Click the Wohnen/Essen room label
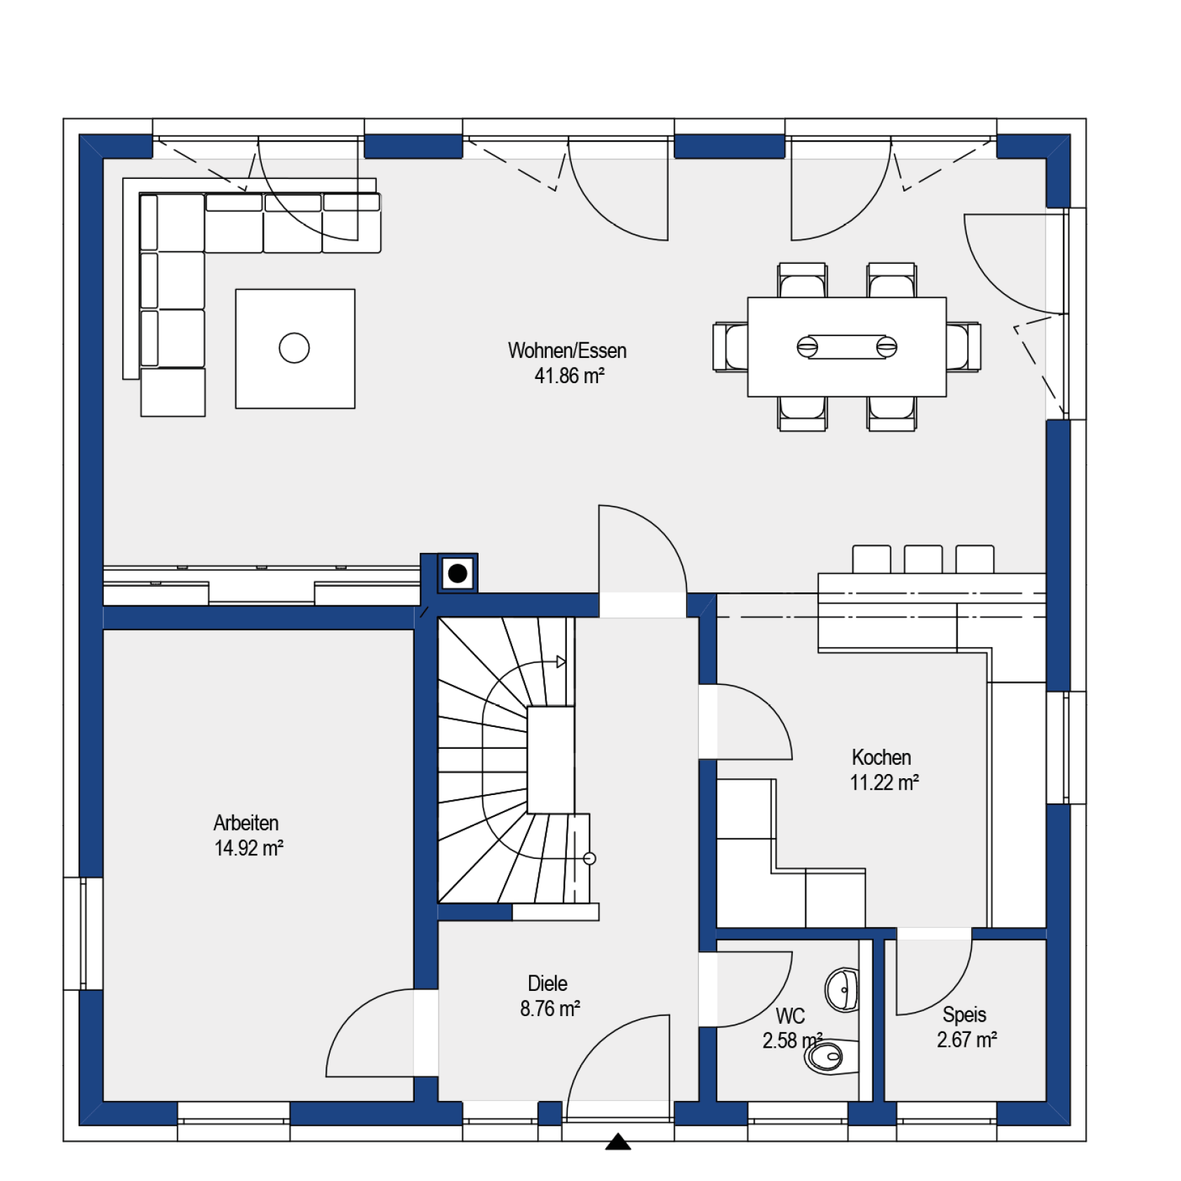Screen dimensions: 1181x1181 [567, 350]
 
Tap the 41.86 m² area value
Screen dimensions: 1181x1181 [569, 375]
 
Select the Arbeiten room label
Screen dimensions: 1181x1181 [246, 822]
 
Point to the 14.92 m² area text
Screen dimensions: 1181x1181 [248, 848]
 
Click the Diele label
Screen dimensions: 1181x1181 [547, 983]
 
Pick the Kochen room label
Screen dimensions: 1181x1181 [881, 757]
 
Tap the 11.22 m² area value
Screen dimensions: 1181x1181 [884, 782]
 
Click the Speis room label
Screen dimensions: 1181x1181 [964, 1014]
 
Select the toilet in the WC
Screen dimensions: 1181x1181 [832, 1056]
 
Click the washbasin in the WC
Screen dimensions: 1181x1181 [842, 990]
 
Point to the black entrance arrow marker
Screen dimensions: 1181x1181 [618, 1142]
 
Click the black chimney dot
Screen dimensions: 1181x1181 [458, 573]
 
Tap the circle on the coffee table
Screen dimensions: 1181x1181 [294, 348]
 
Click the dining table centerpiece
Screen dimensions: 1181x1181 [847, 347]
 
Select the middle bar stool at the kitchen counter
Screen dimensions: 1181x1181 [923, 559]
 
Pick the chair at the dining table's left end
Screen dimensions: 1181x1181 [730, 347]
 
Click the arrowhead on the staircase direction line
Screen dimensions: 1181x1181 [561, 662]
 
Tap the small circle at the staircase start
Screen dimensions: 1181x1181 [589, 858]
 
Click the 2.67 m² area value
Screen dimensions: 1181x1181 [967, 1039]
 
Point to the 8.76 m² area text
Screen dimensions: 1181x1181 [550, 1008]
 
